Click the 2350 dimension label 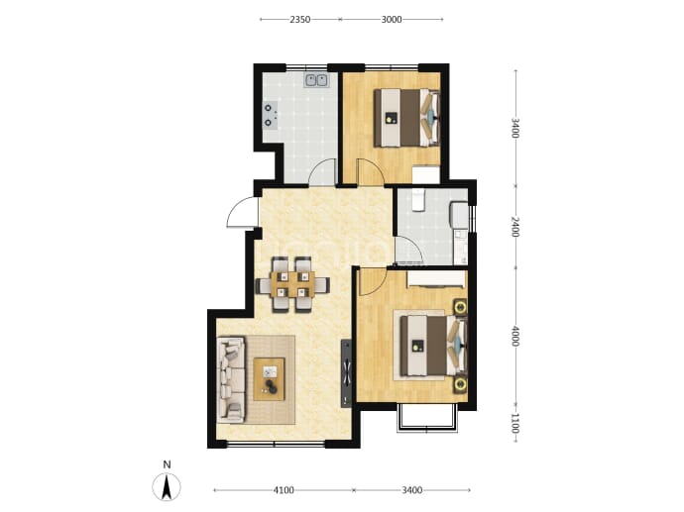(300, 19)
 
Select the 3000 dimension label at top (392, 19)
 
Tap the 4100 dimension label (284, 490)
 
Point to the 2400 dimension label (514, 227)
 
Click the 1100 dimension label (514, 424)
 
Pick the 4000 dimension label (514, 336)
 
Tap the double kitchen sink (316, 80)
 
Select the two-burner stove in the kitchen (271, 115)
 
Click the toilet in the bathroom (418, 200)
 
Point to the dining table (292, 284)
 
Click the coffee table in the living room (270, 379)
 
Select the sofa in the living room (231, 379)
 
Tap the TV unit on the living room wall (346, 373)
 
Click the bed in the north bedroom (406, 118)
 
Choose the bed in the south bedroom (433, 346)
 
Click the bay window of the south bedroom (427, 418)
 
